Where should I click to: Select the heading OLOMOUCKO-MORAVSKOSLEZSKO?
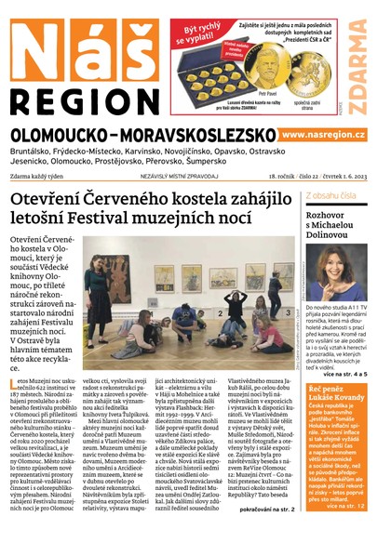[139, 136]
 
